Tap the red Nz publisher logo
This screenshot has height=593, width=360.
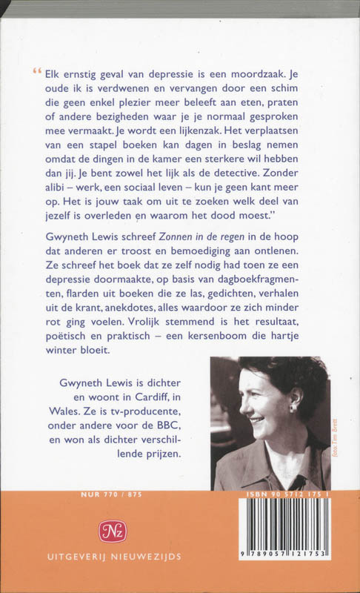tap(113, 531)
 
